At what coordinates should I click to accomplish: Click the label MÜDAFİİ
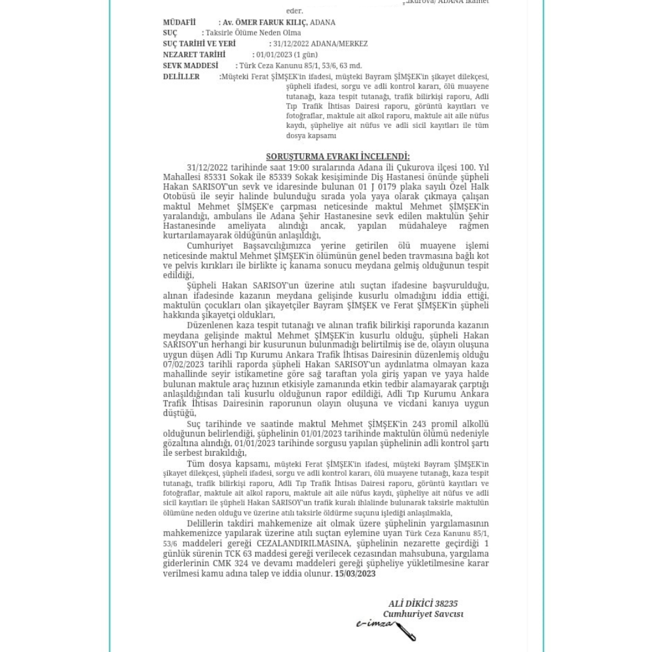(x=179, y=22)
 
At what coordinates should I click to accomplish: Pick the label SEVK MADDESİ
(x=190, y=65)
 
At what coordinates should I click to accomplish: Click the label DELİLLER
(x=181, y=77)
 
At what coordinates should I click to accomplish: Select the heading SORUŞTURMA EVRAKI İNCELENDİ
(x=337, y=156)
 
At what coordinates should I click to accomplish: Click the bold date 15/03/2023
(x=355, y=574)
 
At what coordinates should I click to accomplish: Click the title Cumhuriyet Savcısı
(x=423, y=614)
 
